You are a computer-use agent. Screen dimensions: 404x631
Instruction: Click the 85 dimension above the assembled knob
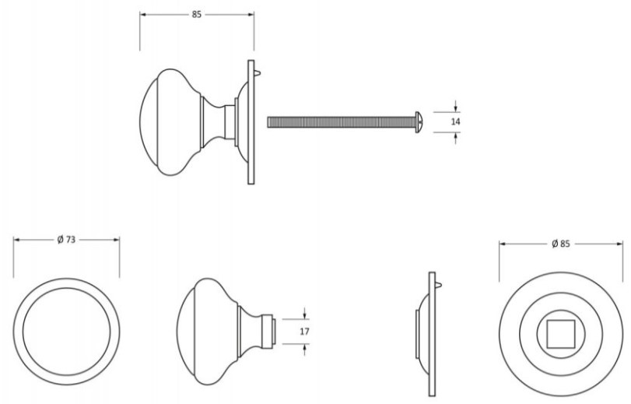[196, 15]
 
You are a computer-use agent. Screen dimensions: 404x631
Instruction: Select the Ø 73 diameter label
[66, 241]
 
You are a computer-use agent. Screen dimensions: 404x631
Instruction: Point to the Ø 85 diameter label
[560, 244]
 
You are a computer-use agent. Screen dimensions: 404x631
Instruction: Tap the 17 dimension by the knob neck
[305, 331]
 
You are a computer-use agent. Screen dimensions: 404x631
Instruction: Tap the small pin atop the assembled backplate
[258, 75]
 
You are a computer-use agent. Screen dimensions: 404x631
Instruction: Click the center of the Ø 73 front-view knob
[66, 329]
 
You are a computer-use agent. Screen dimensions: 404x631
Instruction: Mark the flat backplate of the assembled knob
[251, 121]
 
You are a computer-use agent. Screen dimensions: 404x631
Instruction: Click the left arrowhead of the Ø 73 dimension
[16, 241]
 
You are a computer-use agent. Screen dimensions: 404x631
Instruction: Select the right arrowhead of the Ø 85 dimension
[621, 244]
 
